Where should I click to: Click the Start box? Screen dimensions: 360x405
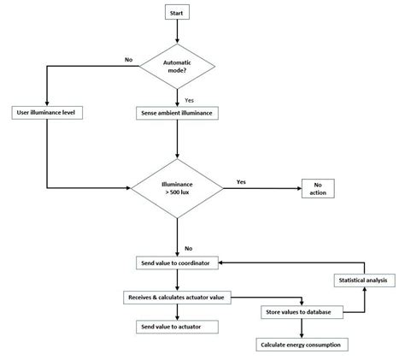176,13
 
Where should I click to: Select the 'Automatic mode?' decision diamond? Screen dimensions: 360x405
176,68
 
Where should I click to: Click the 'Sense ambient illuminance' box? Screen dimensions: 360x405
176,113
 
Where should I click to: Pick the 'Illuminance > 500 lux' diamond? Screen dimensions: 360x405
176,187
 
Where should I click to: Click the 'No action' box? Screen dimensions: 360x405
316,187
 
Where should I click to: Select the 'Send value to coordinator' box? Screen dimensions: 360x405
176,262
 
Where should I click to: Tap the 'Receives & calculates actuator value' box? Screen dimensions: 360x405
176,297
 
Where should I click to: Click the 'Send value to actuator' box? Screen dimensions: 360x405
176,327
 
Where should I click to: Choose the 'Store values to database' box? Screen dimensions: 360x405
302,312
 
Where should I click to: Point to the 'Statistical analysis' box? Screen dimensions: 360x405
363,280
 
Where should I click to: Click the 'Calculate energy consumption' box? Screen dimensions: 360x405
302,344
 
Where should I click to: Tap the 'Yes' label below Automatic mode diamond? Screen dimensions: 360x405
189,99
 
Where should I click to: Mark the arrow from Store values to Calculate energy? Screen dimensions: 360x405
302,328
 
